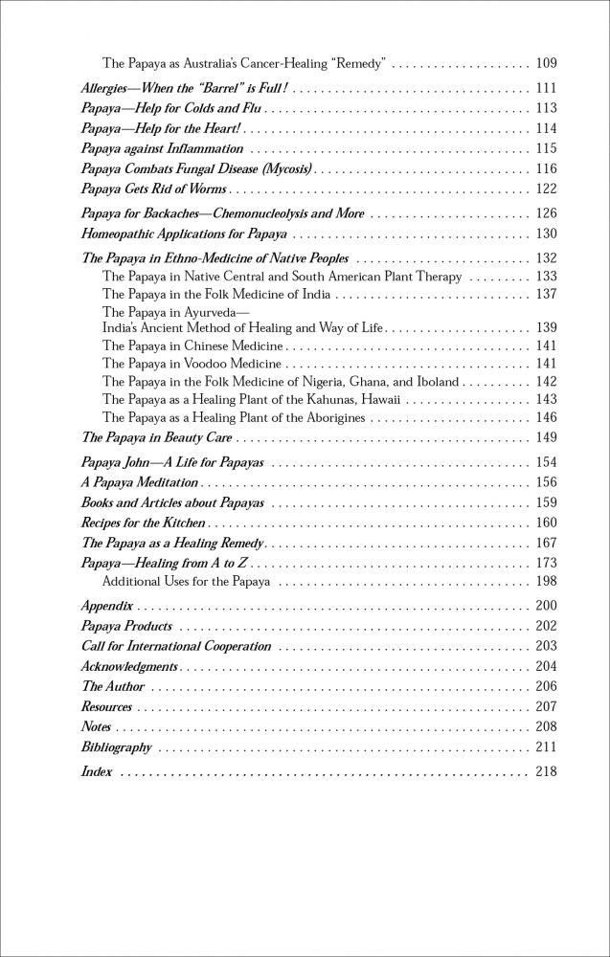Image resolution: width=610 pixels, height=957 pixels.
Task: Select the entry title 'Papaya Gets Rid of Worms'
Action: point(154,189)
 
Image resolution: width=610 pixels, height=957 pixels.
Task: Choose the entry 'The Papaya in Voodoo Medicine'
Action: point(192,364)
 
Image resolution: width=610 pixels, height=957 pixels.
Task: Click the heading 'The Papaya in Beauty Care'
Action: point(157,437)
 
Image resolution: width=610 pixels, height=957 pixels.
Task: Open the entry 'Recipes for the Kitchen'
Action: point(144,523)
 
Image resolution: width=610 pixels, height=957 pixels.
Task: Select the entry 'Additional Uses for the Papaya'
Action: point(186,581)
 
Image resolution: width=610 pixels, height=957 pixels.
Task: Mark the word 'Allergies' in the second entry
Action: point(110,88)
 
